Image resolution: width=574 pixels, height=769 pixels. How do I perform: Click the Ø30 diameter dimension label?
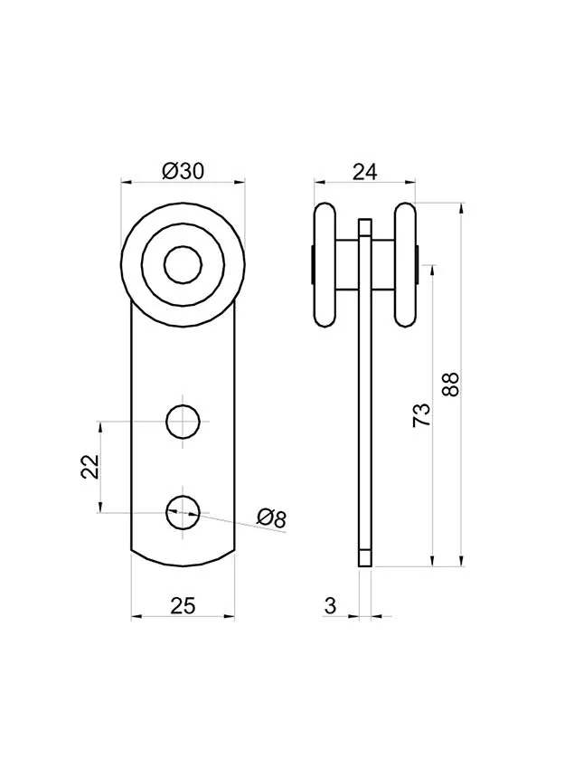click(183, 171)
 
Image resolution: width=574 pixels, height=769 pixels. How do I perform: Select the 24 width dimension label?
click(364, 172)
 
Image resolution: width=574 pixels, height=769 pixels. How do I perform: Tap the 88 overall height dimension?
click(450, 384)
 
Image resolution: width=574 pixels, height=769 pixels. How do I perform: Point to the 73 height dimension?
click(421, 415)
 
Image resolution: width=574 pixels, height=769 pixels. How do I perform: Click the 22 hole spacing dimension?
click(90, 467)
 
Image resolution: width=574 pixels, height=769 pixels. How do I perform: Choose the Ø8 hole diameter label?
click(271, 518)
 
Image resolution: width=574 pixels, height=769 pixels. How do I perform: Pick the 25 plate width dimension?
click(183, 605)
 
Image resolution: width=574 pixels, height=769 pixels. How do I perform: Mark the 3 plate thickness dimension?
click(330, 605)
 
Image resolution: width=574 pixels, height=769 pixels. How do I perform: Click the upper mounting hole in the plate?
click(183, 422)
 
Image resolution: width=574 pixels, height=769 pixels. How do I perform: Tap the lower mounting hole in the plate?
click(183, 512)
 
